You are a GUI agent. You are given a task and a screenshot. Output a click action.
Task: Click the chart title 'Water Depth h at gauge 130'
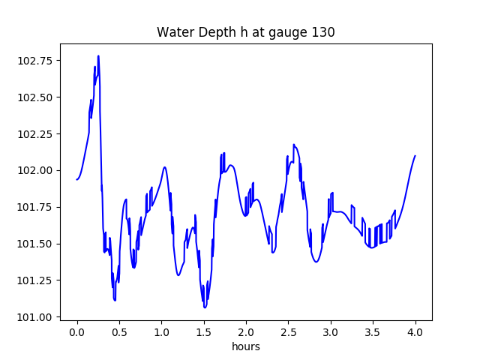(x=245, y=32)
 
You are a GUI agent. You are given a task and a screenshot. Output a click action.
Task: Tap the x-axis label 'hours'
(x=245, y=346)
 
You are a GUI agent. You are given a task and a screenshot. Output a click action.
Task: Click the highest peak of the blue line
(x=98, y=56)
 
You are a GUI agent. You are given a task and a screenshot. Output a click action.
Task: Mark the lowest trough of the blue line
(x=205, y=307)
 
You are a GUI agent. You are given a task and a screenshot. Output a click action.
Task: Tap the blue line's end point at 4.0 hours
(x=415, y=156)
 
